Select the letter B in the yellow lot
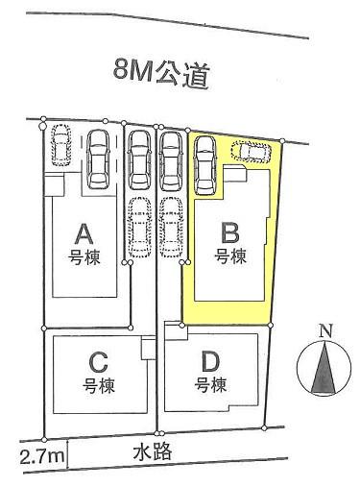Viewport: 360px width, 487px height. [230, 231]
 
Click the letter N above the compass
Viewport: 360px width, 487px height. [326, 332]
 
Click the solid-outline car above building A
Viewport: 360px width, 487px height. [99, 158]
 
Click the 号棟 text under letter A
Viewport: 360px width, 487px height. [83, 256]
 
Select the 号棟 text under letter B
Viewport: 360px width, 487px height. [230, 256]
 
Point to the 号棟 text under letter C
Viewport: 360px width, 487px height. [96, 386]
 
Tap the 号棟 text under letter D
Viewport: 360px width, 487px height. [211, 386]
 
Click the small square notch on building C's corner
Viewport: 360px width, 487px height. [148, 350]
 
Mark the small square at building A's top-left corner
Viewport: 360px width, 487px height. [54, 183]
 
